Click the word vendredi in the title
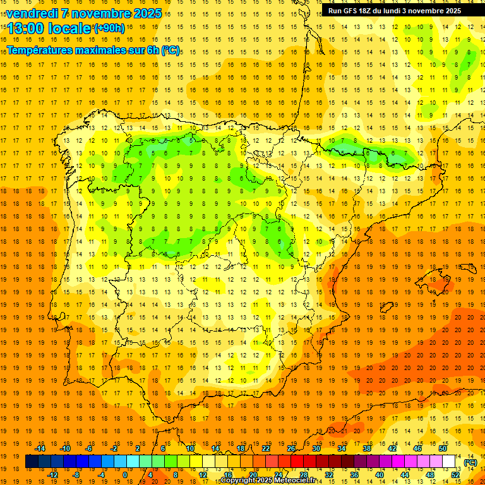point(32,13)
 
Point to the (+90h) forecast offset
point(109,28)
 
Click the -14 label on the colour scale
point(40,448)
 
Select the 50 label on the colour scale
point(442,448)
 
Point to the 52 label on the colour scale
point(455,475)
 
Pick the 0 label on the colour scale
point(124,475)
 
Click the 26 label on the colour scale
point(291,448)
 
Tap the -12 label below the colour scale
point(52,475)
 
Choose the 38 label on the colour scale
point(367,448)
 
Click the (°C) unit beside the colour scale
point(470,462)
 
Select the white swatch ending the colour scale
point(449,462)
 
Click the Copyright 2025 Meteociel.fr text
point(268,481)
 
